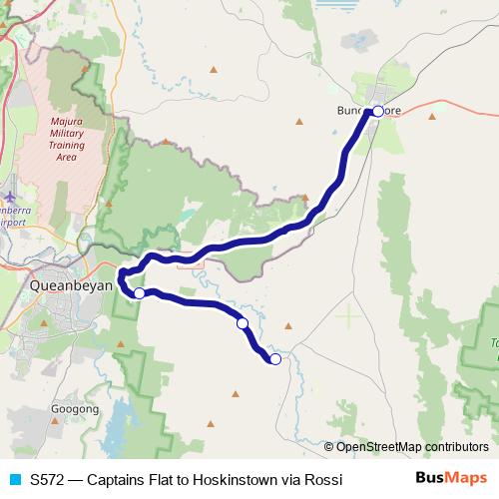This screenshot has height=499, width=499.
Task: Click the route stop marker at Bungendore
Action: coord(377,111)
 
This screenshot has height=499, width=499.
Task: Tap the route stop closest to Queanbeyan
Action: coord(140,293)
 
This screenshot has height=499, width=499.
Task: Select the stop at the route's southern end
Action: coord(275,359)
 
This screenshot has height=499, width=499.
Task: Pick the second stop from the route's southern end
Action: coord(242,323)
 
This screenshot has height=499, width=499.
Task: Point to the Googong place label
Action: coord(75,409)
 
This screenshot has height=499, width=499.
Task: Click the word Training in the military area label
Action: coord(66,145)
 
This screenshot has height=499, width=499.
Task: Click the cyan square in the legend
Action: coord(13,480)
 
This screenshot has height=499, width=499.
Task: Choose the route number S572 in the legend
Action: coord(47,480)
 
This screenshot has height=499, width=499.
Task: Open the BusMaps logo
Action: coord(450,479)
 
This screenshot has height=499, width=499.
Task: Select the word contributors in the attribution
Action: coord(457,447)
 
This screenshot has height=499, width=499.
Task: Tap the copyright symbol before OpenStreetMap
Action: coord(329,447)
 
